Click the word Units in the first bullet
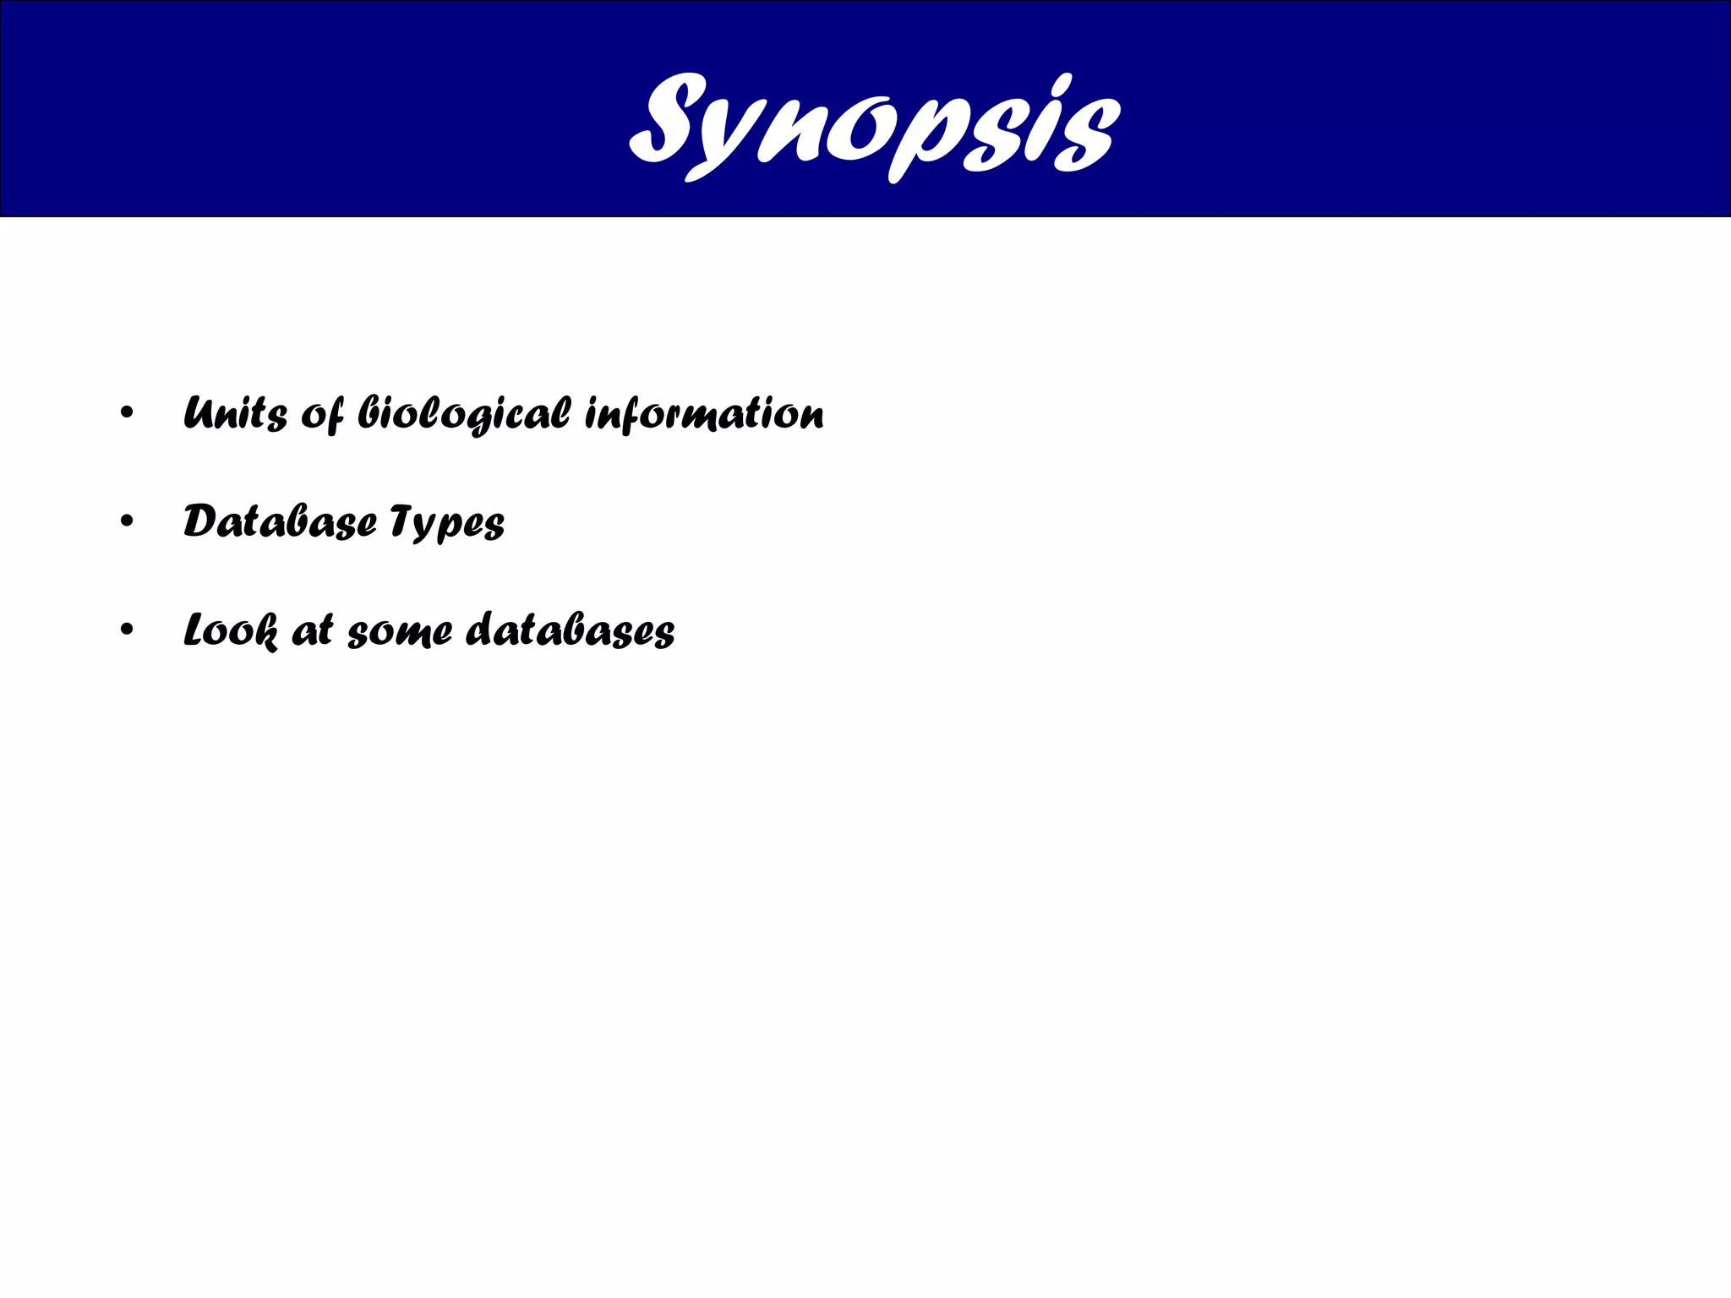pyautogui.click(x=234, y=413)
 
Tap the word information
pyautogui.click(x=704, y=413)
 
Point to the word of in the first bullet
pyautogui.click(x=321, y=415)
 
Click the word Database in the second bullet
pyautogui.click(x=280, y=521)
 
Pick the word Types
pyautogui.click(x=448, y=523)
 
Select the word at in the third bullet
pyautogui.click(x=312, y=630)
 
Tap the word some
pyautogui.click(x=400, y=632)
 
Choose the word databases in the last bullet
pyautogui.click(x=571, y=630)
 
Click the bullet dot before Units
pyautogui.click(x=127, y=414)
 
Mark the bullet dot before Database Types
pyautogui.click(x=127, y=522)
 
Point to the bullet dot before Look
pyautogui.click(x=127, y=630)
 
